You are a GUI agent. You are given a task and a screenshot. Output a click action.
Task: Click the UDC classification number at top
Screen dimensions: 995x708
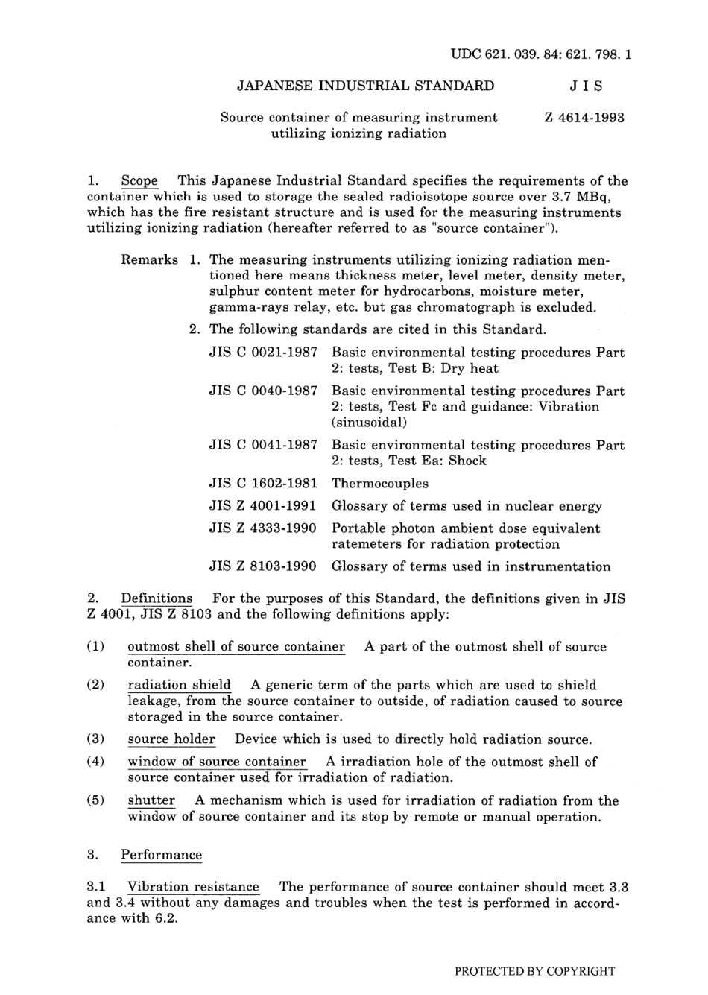click(541, 54)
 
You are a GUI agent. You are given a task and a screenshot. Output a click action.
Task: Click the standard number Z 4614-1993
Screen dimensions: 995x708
click(584, 117)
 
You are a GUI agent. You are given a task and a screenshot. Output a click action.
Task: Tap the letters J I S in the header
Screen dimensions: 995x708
click(586, 86)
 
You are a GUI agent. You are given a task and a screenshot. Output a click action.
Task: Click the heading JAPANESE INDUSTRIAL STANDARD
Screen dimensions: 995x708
click(365, 86)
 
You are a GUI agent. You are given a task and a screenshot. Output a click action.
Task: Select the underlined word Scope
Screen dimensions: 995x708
click(139, 181)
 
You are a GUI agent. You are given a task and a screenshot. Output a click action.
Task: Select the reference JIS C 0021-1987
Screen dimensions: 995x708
click(263, 353)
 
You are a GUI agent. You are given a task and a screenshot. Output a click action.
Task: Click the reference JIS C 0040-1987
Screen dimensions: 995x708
click(263, 391)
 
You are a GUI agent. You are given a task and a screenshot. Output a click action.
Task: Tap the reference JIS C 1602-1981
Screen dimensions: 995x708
click(263, 483)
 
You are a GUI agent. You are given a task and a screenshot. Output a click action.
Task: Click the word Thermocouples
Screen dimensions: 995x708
click(380, 483)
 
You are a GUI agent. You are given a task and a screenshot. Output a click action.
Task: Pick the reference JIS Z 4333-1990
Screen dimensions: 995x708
click(263, 528)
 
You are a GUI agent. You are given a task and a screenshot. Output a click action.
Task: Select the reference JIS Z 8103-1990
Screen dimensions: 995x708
click(263, 566)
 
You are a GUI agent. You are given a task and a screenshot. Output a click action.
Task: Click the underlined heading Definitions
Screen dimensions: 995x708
click(157, 598)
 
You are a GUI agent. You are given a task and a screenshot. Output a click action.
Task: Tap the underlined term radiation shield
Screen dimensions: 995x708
click(179, 685)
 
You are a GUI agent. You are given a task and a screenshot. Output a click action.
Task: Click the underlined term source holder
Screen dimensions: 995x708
click(171, 739)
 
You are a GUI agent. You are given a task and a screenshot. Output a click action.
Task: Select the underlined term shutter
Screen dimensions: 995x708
click(151, 800)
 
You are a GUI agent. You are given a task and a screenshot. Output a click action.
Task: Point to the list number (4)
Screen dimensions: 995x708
click(95, 762)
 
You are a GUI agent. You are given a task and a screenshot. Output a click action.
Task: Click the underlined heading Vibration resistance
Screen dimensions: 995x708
click(193, 887)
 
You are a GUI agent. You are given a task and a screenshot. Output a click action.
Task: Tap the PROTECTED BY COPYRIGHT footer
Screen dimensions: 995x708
click(534, 971)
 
